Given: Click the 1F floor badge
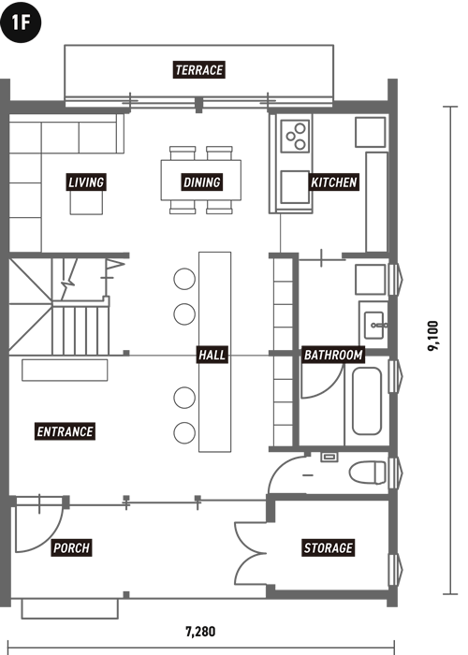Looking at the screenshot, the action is tap(21, 22).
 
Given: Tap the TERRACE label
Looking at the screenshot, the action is tap(198, 70).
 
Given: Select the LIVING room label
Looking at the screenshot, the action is tap(86, 182).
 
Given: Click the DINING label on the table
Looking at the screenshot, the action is tap(202, 182).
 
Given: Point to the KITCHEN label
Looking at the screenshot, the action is tap(334, 182).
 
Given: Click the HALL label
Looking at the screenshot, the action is tap(212, 355).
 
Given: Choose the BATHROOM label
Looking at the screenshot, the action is tap(333, 355).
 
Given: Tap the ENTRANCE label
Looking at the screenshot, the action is tap(65, 431).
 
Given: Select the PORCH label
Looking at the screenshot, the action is tap(71, 547).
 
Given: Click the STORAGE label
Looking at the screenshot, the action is tap(329, 547).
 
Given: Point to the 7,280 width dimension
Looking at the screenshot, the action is tap(200, 632).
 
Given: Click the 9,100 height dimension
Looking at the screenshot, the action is tap(433, 336).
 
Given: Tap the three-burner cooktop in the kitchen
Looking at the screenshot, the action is tap(295, 136).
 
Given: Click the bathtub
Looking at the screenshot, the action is tap(367, 401).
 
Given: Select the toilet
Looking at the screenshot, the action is tap(368, 473).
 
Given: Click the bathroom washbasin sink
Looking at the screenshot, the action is tap(374, 325).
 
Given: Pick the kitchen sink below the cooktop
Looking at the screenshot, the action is tap(295, 187).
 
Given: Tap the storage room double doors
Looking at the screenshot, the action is tap(250, 554).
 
